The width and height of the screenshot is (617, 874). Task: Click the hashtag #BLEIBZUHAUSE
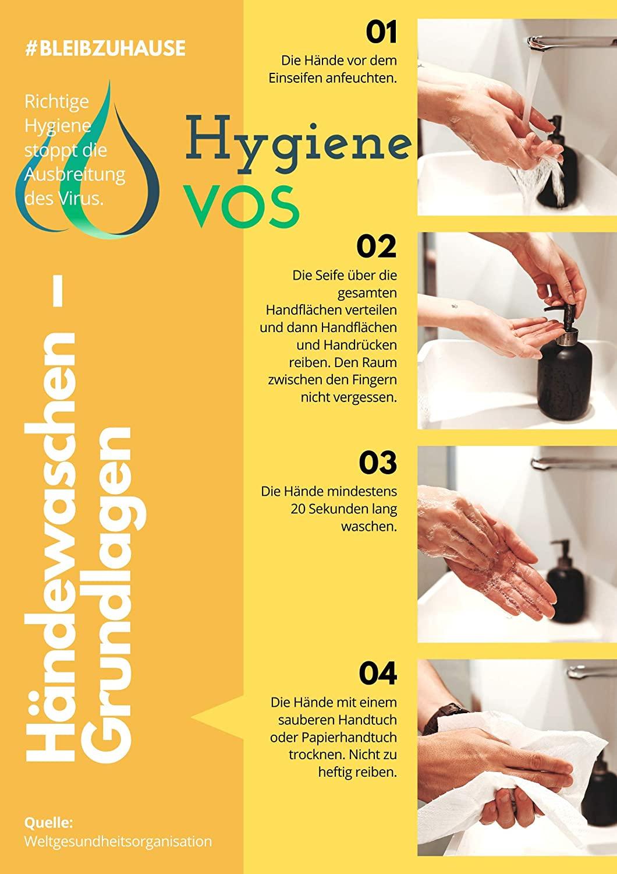click(105, 48)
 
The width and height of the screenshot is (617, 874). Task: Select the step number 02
click(377, 247)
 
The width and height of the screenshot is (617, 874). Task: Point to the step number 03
click(377, 463)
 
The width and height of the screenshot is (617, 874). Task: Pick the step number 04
click(377, 674)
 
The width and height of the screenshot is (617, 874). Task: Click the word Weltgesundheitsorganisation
click(118, 841)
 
